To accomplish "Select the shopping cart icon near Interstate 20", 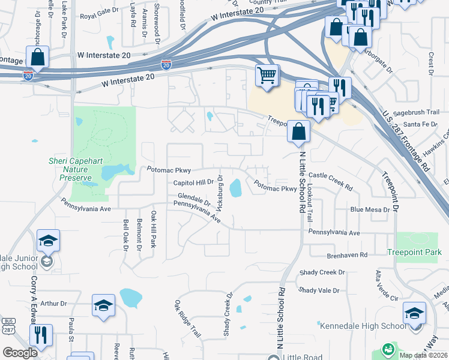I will click(267, 76).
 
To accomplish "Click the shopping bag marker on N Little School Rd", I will click(298, 131).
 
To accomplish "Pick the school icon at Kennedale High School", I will click(414, 314).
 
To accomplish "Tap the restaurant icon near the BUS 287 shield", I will click(41, 335).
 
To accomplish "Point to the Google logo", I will click(20, 353).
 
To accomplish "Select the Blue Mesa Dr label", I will click(369, 209).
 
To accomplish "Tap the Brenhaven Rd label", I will click(347, 255).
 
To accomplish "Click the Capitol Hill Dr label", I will click(194, 182).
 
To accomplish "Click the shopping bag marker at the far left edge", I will click(37, 58).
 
